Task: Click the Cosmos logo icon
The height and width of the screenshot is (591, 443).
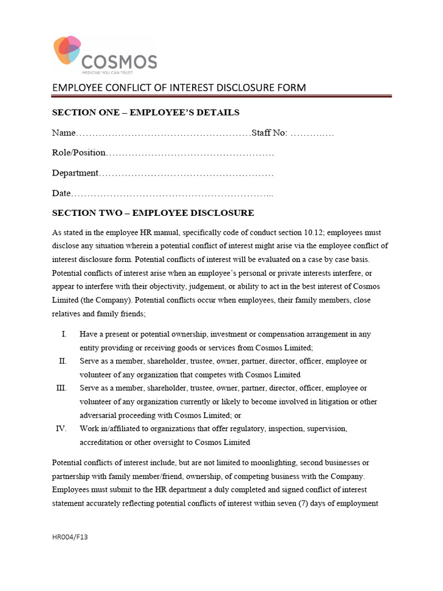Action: coord(67,51)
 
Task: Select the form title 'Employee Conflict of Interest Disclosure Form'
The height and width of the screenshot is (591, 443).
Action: coord(179,88)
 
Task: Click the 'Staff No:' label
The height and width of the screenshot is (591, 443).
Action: coord(269,133)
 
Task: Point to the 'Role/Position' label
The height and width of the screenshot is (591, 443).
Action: coord(79,153)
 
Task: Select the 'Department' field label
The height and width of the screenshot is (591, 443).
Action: coord(76,173)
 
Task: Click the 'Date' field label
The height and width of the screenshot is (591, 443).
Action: coord(61,193)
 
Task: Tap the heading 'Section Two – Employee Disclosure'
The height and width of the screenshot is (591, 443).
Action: coord(153,213)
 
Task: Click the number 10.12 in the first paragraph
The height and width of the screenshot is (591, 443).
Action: coord(314,233)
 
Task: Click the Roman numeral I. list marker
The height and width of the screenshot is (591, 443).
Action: coord(64,334)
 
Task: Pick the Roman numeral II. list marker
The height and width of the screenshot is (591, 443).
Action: coord(63,361)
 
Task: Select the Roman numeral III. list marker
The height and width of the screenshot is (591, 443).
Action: coord(62,388)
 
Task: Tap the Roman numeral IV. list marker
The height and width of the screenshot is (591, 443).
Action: coord(62,429)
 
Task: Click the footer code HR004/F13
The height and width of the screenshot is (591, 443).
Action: coord(70,537)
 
